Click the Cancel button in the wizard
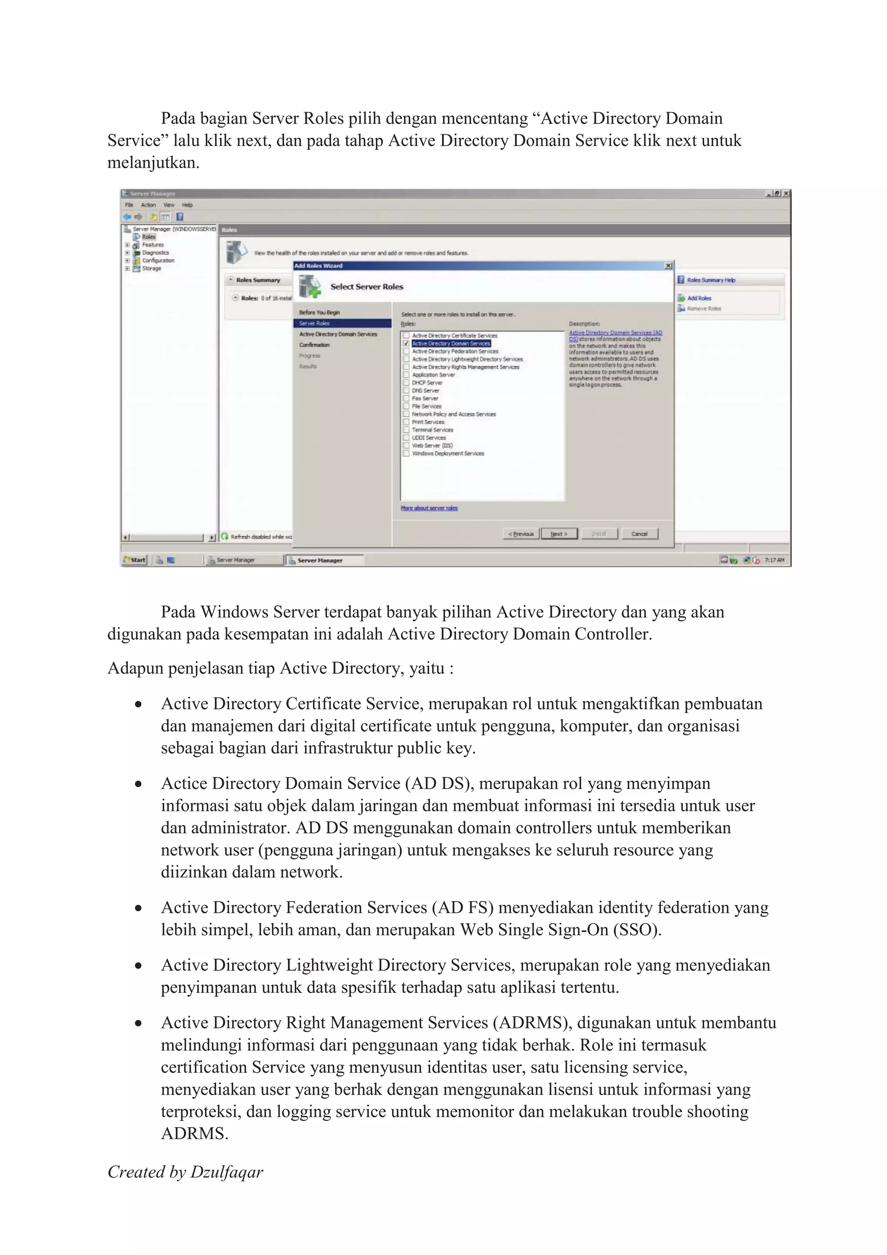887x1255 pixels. tap(639, 533)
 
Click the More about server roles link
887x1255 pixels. tap(429, 508)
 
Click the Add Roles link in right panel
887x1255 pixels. tap(699, 298)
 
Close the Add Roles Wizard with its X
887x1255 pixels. tap(668, 266)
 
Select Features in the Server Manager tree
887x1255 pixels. tap(152, 245)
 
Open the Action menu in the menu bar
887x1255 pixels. tap(148, 205)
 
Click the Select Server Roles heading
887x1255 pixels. tap(367, 286)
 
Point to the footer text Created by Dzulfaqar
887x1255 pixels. tap(185, 1172)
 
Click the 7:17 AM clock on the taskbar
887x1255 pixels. tap(774, 560)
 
